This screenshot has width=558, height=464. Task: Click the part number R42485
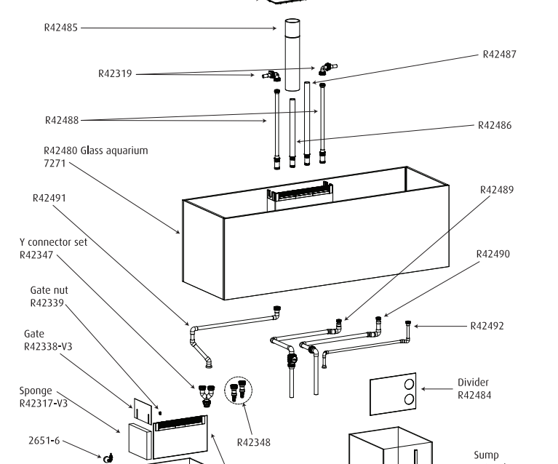61,28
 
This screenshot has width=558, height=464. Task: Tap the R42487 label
499,55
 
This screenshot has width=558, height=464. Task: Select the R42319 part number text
115,73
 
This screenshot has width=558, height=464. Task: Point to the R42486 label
495,125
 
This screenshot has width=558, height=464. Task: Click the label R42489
497,190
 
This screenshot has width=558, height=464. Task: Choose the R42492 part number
487,327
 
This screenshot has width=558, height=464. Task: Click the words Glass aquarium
114,151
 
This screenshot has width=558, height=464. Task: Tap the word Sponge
36,391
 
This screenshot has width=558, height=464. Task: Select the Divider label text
473,383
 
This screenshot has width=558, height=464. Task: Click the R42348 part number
253,443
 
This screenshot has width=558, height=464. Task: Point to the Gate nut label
49,290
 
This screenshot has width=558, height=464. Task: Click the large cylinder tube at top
292,55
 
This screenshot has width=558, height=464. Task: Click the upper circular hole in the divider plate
410,384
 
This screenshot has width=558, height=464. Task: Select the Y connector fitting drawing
207,396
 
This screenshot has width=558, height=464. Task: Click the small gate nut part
160,413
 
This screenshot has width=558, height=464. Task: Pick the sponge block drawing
140,441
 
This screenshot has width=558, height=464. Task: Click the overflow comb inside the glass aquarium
300,195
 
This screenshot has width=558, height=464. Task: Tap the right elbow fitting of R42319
327,68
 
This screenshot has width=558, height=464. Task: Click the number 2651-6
44,441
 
